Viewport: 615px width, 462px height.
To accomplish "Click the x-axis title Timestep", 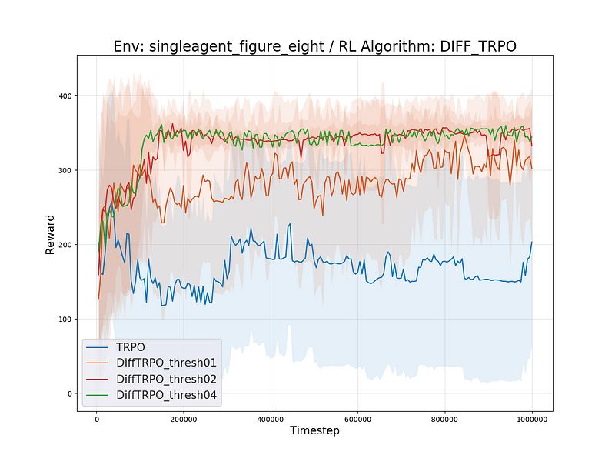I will point(314,430).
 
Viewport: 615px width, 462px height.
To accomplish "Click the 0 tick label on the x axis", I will point(97,419).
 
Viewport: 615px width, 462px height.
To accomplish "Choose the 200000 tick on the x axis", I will point(184,419).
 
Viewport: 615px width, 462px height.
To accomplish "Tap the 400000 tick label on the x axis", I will point(271,419).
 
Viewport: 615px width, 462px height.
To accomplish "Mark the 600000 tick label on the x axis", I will point(357,419).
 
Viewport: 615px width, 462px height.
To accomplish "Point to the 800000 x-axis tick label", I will point(445,419).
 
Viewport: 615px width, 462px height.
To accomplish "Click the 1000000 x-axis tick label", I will point(532,419).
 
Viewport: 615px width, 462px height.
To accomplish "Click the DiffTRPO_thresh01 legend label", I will point(166,363).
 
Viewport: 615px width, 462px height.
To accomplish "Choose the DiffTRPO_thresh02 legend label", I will point(166,380).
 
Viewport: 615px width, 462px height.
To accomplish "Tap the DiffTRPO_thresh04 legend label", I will point(166,395).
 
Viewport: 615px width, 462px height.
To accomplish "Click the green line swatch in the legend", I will point(98,396).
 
